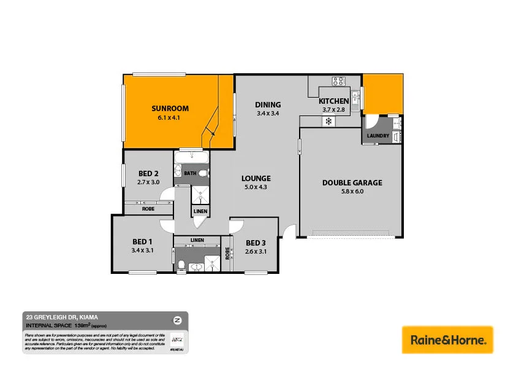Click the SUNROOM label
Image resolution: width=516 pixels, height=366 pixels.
click(170, 109)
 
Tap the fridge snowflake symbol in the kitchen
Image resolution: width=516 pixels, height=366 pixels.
click(328, 121)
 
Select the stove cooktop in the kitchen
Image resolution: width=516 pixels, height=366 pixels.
click(339, 80)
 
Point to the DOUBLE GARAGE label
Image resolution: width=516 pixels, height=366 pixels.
click(352, 182)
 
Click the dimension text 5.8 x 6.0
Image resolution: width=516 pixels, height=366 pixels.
click(352, 192)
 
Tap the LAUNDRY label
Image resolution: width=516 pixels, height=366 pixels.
click(378, 136)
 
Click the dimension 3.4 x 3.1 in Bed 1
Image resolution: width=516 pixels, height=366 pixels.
click(142, 251)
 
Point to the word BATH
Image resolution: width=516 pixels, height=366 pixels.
click(190, 174)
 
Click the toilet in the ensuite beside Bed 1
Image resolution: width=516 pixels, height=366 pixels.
click(181, 265)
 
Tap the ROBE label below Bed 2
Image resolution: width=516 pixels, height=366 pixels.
click(148, 209)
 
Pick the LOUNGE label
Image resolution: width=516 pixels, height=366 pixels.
click(256, 178)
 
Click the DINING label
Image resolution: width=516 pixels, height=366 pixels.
click(268, 104)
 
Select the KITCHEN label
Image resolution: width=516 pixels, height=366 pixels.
click(333, 101)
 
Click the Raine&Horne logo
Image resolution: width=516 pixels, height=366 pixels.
click(447, 340)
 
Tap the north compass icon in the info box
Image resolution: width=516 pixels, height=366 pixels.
click(177, 320)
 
